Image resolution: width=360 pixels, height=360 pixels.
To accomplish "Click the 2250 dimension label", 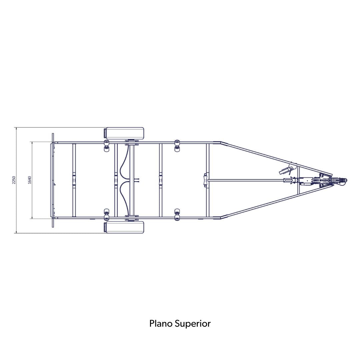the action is click(14, 180).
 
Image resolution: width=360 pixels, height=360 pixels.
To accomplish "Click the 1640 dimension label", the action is click(29, 180).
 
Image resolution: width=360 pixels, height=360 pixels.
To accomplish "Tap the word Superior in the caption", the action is click(193, 324).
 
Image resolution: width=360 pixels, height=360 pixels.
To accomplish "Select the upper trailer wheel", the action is click(124, 133).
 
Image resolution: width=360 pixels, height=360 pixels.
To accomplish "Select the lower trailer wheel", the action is click(124, 227).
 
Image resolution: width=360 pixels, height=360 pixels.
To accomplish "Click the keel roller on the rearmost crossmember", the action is click(74, 180).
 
